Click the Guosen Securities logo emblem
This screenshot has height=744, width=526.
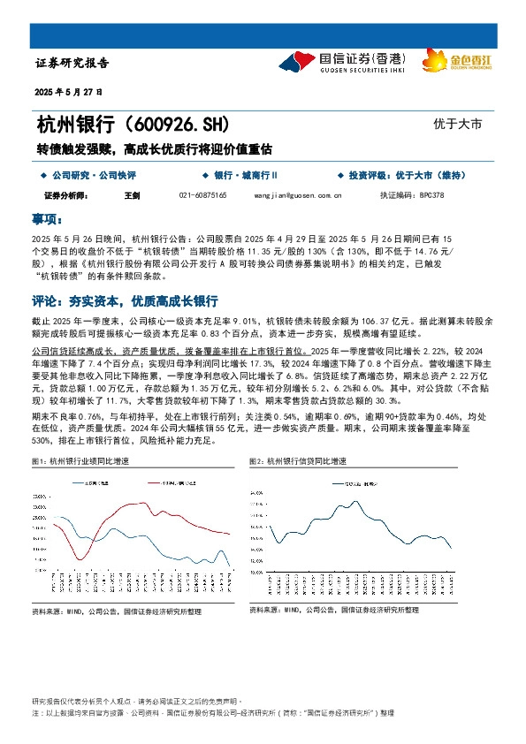pos(297,61)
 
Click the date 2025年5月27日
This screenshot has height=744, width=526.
pos(69,92)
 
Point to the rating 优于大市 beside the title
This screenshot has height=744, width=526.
pos(458,125)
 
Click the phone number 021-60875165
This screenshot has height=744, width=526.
pos(202,194)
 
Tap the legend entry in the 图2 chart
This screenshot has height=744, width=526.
pos(357,483)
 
